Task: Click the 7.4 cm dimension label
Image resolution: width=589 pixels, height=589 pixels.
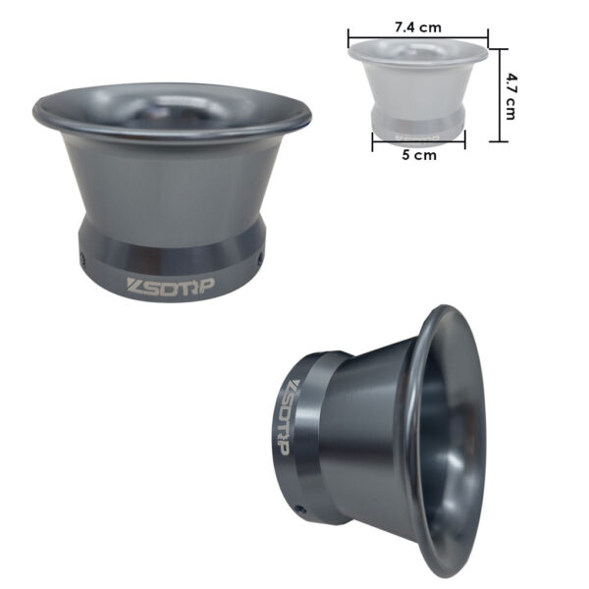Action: [x=418, y=27]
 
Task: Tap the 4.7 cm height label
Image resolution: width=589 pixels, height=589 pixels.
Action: [x=510, y=96]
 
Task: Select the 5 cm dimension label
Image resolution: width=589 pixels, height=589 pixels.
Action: [x=419, y=155]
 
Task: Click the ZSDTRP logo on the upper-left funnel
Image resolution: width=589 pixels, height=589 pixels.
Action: [x=170, y=287]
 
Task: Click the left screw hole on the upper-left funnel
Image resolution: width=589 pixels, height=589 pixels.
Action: [x=82, y=257]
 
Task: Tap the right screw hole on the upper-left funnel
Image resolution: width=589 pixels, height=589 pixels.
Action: [x=259, y=259]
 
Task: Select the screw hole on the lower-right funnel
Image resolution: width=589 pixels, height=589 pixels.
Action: [x=299, y=509]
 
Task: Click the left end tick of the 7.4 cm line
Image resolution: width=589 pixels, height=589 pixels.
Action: [x=348, y=38]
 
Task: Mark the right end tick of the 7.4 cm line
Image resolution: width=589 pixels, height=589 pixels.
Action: [x=488, y=38]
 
